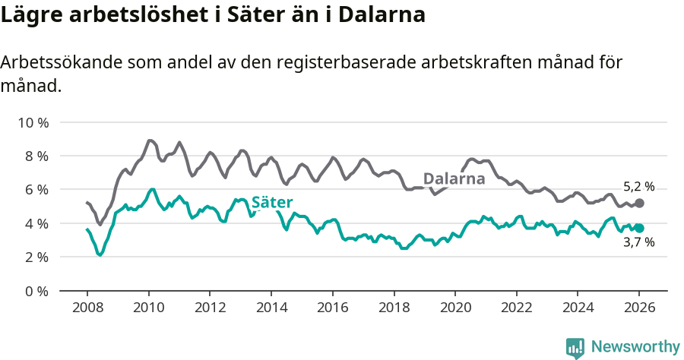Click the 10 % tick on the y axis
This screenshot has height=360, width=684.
click(x=33, y=122)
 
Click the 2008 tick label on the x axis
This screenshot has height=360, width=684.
click(x=87, y=308)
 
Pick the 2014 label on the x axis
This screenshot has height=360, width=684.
click(x=271, y=308)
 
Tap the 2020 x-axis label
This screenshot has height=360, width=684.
click(x=454, y=308)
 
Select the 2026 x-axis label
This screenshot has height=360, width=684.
click(x=638, y=308)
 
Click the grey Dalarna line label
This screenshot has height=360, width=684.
click(x=454, y=179)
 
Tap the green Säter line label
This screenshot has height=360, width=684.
click(x=272, y=202)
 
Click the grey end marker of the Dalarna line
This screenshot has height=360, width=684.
click(x=639, y=204)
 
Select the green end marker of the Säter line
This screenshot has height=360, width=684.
click(x=639, y=228)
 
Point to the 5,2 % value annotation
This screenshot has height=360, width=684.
click(x=638, y=186)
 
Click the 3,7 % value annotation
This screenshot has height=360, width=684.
click(x=638, y=243)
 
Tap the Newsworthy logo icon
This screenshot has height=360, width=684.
click(x=575, y=347)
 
